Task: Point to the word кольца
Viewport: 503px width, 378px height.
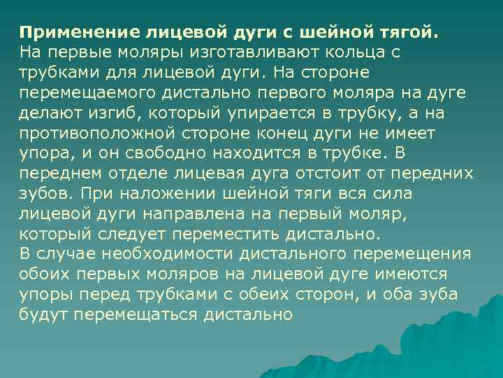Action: pos(351,52)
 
